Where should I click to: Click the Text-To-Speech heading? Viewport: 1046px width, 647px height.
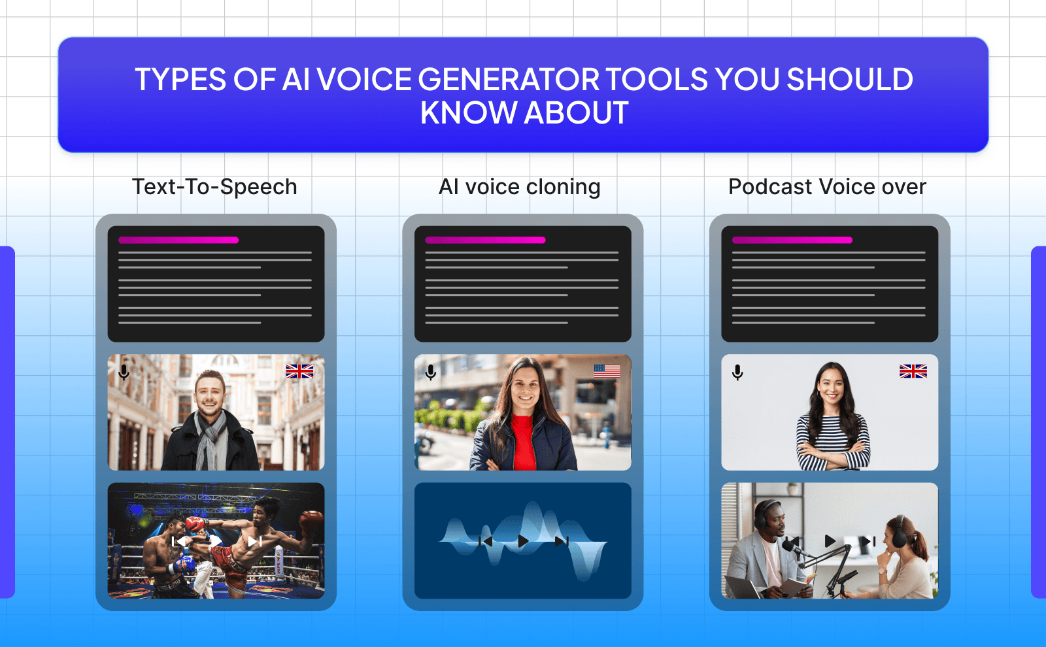coord(214,187)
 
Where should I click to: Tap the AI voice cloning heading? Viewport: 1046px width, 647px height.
coord(520,187)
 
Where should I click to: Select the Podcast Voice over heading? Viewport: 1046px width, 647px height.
coord(827,187)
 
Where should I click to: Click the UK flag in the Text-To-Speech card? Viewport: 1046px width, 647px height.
coord(299,371)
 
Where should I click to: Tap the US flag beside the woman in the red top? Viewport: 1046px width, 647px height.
coord(607,371)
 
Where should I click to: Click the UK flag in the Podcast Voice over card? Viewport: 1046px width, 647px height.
coord(913,371)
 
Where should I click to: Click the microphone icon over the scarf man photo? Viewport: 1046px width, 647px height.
coord(124,373)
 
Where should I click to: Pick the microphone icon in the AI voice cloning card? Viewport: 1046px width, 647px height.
coord(430,373)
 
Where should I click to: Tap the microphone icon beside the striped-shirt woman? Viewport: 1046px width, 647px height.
coord(737,373)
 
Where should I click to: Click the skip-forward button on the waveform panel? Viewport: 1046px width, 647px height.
coord(562,541)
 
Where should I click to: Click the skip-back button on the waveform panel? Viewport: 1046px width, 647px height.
coord(486,541)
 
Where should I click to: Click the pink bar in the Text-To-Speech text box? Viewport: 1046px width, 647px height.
coord(178,240)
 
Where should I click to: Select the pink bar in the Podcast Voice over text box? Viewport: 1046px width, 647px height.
coord(792,240)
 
